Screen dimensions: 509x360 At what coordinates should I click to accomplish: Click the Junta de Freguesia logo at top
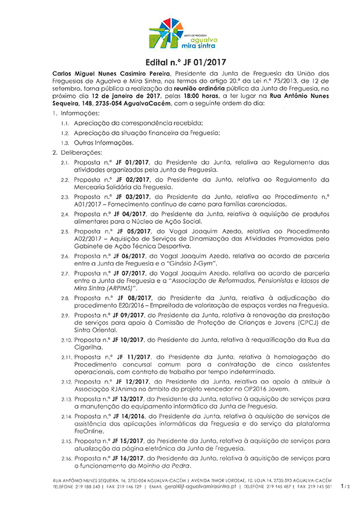tap(179, 34)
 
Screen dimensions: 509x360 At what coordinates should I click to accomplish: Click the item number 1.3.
tap(65, 143)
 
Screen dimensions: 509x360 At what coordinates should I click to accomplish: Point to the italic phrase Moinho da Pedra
tap(168, 466)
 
